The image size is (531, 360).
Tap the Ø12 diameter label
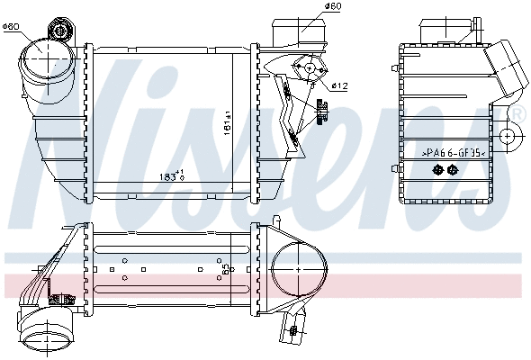[x=339, y=85]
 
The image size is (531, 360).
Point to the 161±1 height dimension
[x=227, y=121]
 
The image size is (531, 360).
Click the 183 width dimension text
[x=170, y=175]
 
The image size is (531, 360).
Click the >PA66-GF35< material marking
[x=454, y=154]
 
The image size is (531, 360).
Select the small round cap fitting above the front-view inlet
[x=59, y=31]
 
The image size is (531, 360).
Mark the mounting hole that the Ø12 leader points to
[x=310, y=67]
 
